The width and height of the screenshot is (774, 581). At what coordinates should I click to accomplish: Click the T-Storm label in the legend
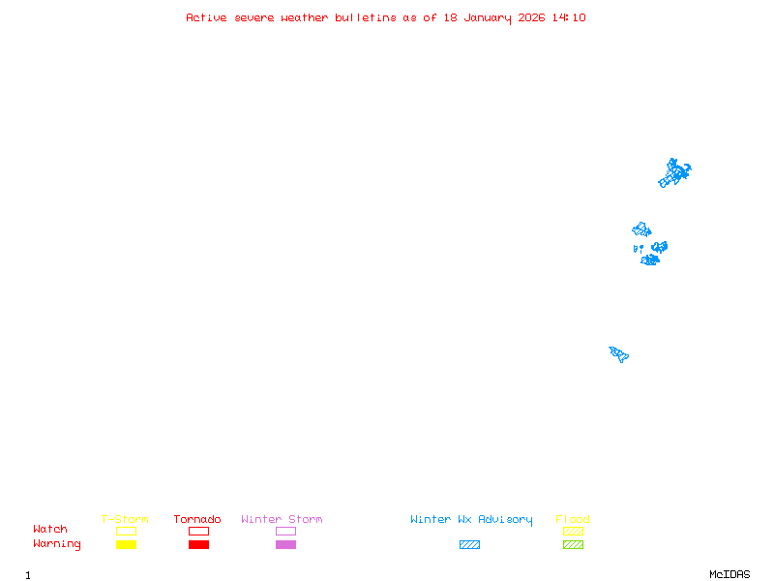(125, 520)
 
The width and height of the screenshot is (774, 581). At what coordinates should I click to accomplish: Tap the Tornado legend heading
(197, 520)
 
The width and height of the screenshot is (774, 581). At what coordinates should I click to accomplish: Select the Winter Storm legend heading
(282, 520)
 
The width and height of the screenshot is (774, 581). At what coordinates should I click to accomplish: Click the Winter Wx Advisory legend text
(471, 520)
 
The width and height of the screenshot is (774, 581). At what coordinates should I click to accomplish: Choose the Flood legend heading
(573, 520)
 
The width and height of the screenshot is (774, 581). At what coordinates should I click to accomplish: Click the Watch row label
(50, 530)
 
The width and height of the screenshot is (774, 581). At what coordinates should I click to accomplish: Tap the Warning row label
(57, 544)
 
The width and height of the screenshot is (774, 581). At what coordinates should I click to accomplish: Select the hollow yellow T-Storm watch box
(126, 531)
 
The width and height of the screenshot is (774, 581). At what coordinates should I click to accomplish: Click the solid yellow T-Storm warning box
(126, 544)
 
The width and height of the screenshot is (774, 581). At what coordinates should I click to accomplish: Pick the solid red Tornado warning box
(198, 544)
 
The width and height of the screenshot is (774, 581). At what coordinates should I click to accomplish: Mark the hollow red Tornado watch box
(198, 531)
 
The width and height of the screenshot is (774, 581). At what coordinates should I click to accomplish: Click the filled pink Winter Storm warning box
(285, 544)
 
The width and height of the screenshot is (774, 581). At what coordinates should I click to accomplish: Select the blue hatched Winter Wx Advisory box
(469, 544)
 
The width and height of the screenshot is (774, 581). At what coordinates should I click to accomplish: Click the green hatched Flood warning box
(573, 544)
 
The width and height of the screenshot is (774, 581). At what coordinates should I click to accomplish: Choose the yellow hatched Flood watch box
(573, 531)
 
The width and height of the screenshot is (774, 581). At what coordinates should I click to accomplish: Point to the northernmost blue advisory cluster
(674, 173)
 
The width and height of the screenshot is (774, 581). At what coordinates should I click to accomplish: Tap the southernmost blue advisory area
(619, 353)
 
